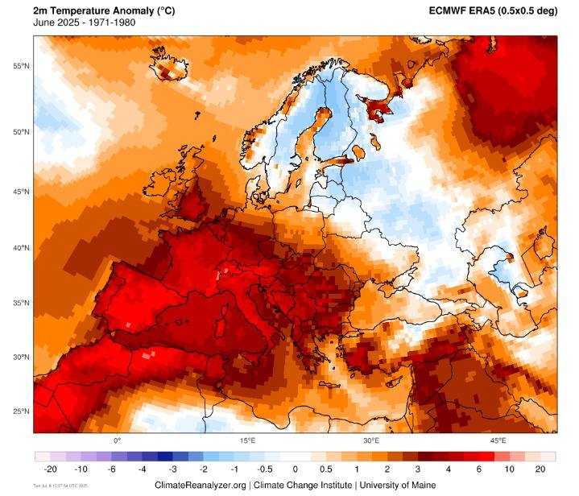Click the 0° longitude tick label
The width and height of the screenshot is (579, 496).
117,440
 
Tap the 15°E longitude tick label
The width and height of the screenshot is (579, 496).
247,440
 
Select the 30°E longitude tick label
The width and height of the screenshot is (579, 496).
371,440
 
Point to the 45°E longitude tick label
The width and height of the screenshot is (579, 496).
498,440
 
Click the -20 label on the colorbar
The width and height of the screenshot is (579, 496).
51,469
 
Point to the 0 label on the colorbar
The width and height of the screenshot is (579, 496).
296,469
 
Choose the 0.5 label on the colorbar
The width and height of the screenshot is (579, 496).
326,469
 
